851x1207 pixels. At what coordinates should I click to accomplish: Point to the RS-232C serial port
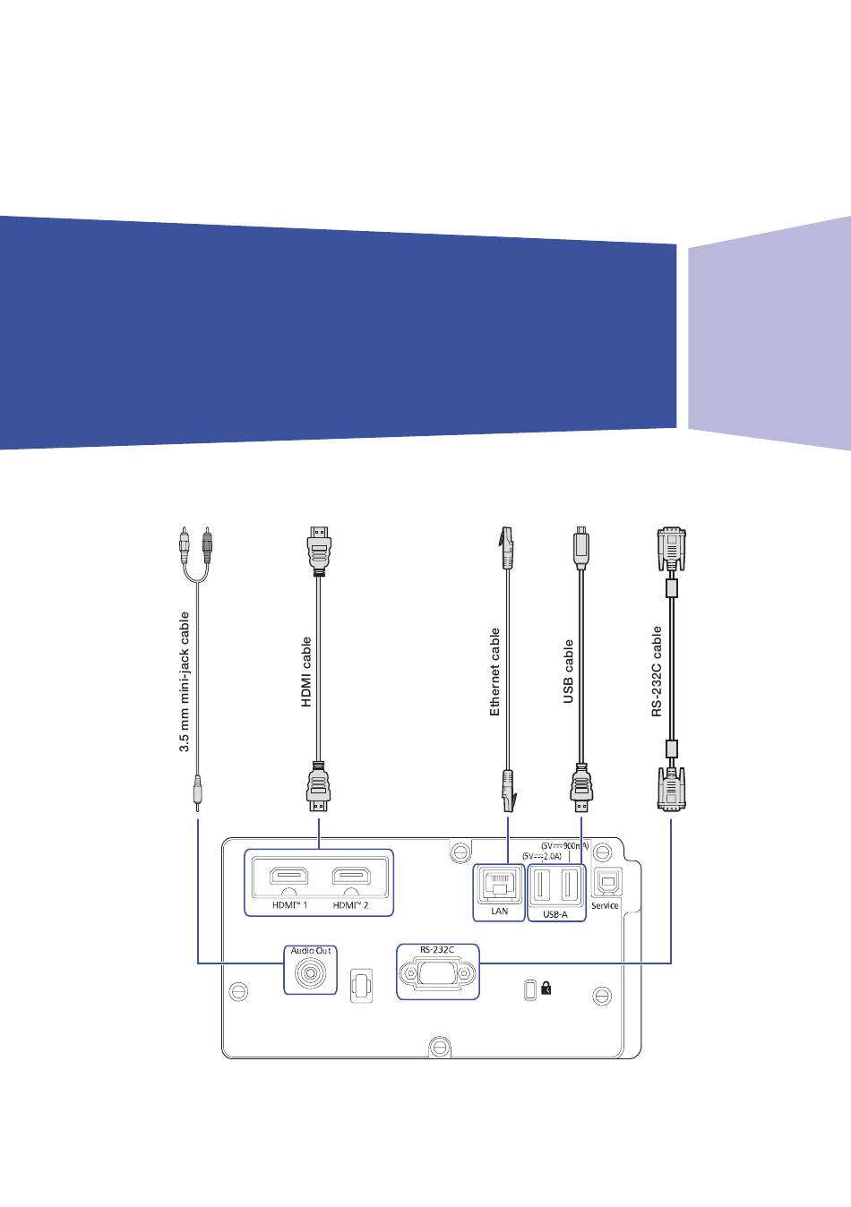tap(437, 972)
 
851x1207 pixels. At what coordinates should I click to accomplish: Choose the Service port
tap(606, 883)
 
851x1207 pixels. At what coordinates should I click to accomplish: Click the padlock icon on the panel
tap(546, 989)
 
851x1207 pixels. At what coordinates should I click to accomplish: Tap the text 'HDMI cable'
tap(306, 672)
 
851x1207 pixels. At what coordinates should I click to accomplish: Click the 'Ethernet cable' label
tap(494, 672)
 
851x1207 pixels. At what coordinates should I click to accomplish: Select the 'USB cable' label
tap(568, 672)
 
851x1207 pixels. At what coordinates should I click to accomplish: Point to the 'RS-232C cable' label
tap(657, 672)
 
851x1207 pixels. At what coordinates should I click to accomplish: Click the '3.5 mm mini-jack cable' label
tap(185, 681)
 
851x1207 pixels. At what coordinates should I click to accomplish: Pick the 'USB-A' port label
tap(555, 915)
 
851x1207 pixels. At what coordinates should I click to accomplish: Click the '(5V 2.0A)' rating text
tap(543, 856)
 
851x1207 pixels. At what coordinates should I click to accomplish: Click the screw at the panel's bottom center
tap(437, 1045)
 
